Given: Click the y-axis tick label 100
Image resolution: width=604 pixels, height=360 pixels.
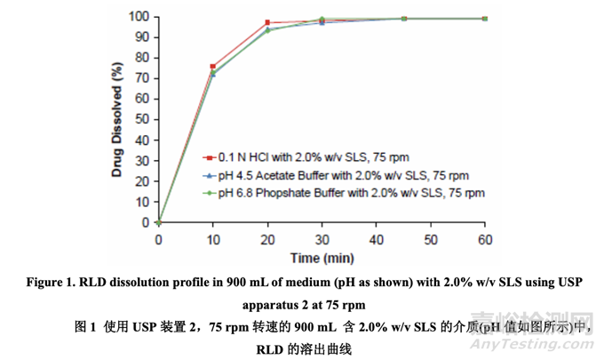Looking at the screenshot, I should click(x=137, y=16).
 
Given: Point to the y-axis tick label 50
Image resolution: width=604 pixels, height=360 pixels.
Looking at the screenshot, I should click(x=140, y=120).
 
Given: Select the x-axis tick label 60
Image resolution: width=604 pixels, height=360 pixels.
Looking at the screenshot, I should click(x=485, y=240).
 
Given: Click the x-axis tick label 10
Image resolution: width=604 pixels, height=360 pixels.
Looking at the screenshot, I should click(x=212, y=240).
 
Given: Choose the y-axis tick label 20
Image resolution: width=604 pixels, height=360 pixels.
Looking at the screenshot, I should click(x=140, y=181).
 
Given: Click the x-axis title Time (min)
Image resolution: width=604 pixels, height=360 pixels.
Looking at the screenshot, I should click(x=322, y=257).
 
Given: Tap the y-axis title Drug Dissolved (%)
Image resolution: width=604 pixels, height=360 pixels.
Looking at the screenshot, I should click(x=116, y=119).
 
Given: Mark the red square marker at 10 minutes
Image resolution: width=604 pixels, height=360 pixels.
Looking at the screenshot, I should click(x=212, y=67).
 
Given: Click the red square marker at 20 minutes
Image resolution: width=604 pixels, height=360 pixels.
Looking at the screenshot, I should click(x=267, y=22).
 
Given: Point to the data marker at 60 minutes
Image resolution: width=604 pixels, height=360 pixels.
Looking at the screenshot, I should click(x=485, y=18).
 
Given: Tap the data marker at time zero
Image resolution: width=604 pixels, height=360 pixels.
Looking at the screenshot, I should click(x=158, y=222).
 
